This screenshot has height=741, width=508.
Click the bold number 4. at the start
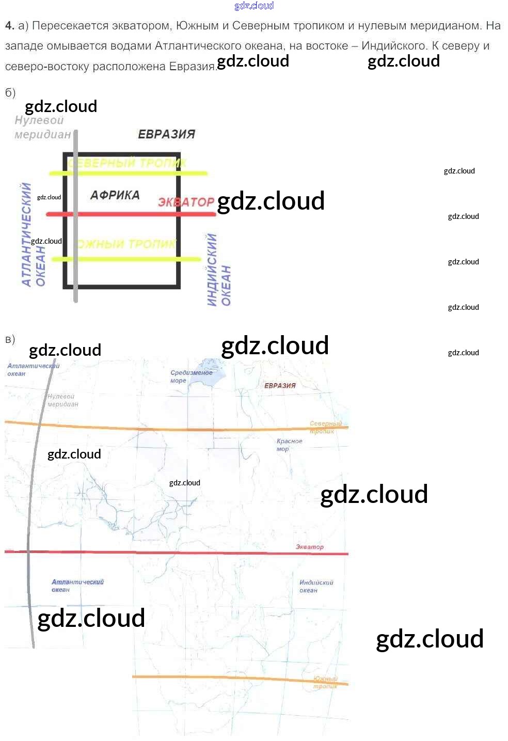tap(10, 26)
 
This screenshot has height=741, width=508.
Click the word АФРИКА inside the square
tap(115, 195)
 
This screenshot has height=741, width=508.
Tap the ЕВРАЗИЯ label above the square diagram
tap(166, 134)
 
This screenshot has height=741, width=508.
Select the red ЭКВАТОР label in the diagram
tap(186, 202)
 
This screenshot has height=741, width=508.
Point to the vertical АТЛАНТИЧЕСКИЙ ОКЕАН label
tap(33, 235)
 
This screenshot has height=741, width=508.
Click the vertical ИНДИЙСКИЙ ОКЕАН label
tap(218, 270)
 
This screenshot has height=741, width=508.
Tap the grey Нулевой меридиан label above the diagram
tap(42, 128)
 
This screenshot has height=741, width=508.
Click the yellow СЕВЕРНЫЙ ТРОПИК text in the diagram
tap(127, 163)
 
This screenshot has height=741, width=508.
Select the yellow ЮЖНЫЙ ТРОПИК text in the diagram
tap(127, 244)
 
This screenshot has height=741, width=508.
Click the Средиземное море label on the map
tap(190, 376)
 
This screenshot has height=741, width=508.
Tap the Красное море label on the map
tap(289, 445)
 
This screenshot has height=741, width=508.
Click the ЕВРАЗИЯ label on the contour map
tap(280, 386)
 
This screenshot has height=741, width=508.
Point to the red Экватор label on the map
tap(310, 547)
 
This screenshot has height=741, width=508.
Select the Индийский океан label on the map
tap(316, 586)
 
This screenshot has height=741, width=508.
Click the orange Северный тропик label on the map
tap(325, 427)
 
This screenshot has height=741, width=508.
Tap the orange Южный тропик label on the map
tap(325, 682)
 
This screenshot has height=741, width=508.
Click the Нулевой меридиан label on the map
tap(62, 400)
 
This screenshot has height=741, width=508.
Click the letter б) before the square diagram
tap(10, 93)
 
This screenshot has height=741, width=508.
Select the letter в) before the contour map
tap(10, 339)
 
